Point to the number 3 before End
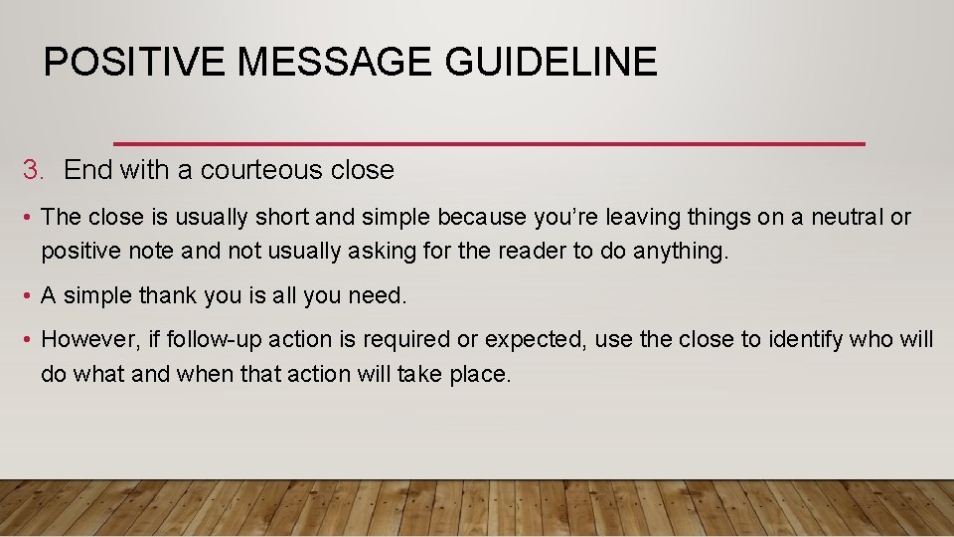(31, 170)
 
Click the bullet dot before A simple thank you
(29, 296)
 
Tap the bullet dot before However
(29, 340)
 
